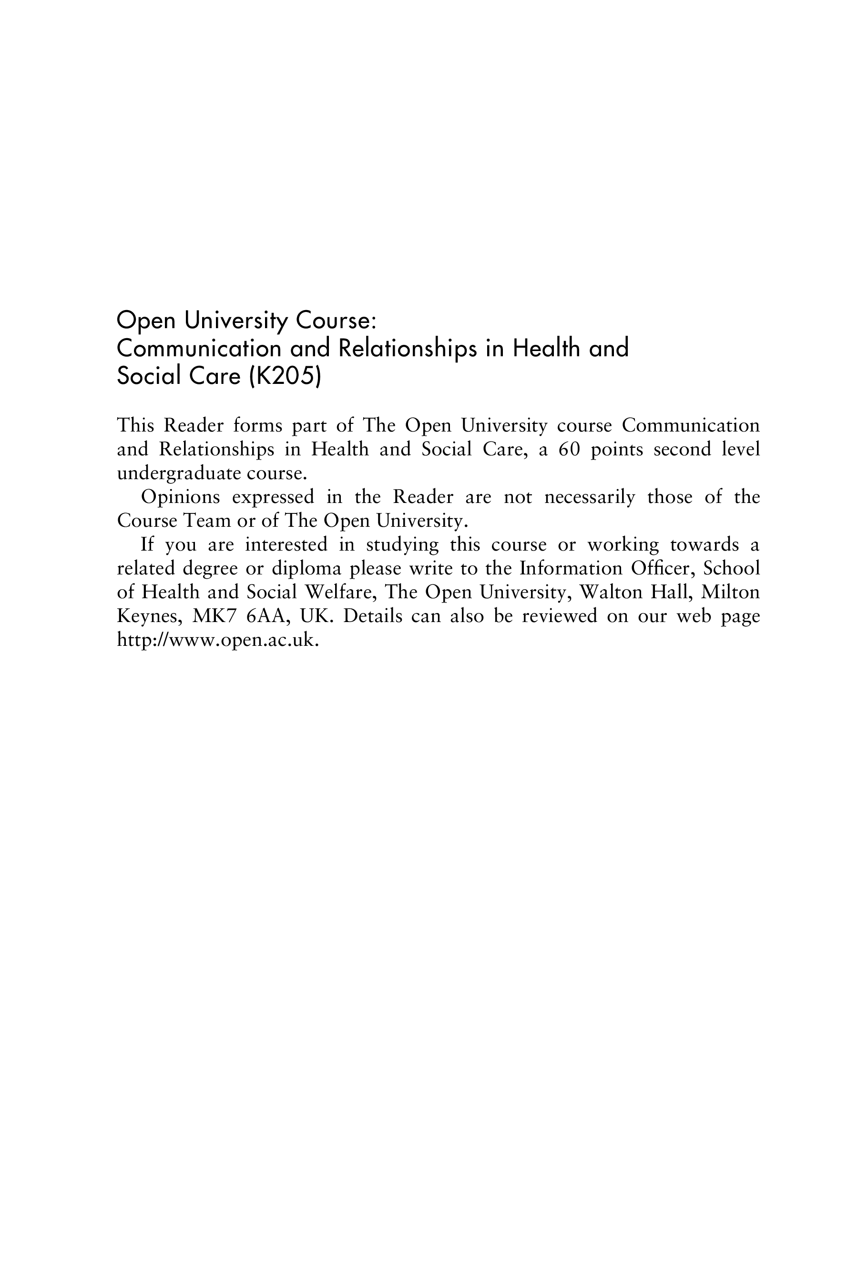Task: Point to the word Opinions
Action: click(x=181, y=497)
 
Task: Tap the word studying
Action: click(x=402, y=544)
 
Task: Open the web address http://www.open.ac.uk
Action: click(x=217, y=640)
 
